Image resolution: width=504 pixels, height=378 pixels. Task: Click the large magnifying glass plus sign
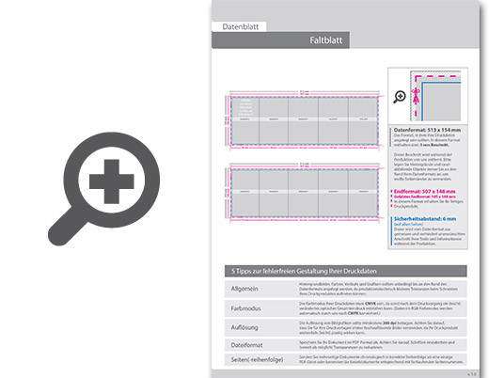(112, 179)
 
